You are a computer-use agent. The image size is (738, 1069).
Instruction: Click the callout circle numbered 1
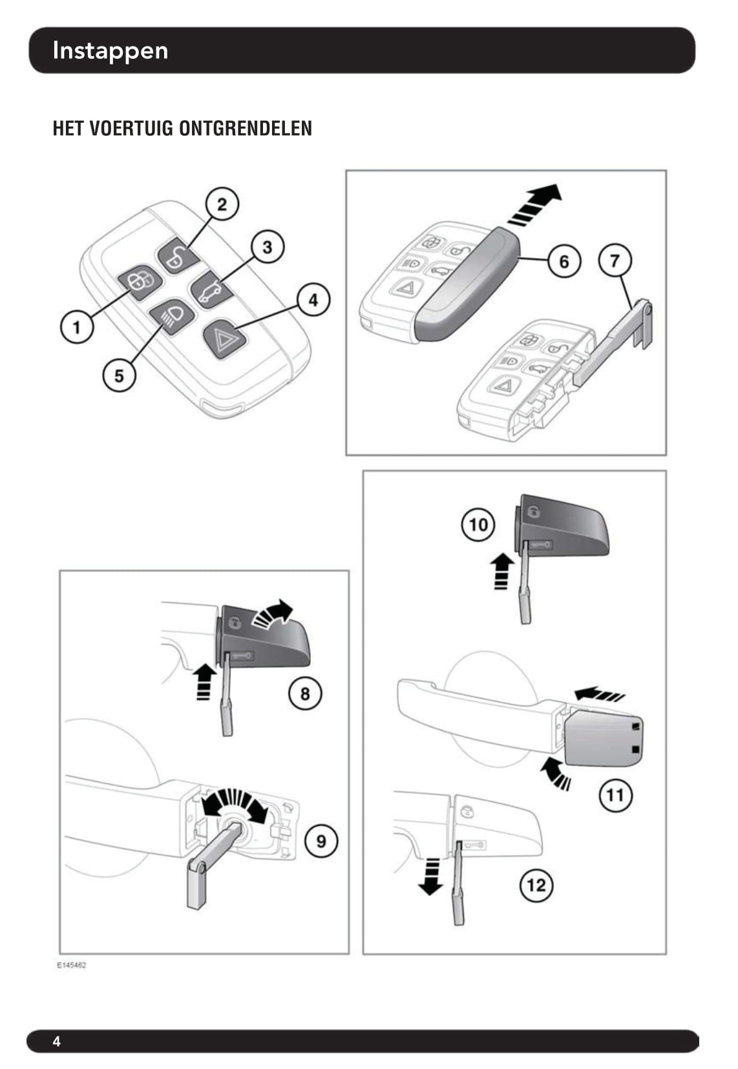tap(76, 326)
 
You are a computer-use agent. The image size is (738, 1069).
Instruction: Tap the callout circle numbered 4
tap(313, 300)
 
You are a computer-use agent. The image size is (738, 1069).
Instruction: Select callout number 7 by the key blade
tap(615, 260)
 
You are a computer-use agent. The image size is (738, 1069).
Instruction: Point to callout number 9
tap(321, 841)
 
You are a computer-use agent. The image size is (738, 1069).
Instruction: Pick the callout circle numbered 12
tap(536, 884)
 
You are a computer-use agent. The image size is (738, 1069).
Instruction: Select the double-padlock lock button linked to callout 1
tap(138, 281)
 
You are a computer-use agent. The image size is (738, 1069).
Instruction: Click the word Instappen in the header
tap(110, 50)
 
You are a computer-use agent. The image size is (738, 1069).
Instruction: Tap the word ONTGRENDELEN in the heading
tap(245, 129)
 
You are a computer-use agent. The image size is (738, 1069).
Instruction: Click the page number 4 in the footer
tap(57, 1041)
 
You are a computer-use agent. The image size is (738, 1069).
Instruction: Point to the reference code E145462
tap(71, 965)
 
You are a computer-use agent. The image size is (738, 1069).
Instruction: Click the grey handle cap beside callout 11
tap(604, 737)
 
